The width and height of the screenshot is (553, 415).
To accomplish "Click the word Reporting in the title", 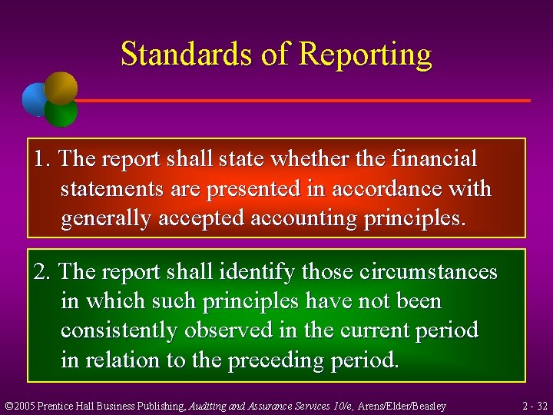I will point(366,55).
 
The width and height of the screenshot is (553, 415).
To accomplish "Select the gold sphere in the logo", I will point(61,87).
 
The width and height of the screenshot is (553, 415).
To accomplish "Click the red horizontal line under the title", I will point(307,101).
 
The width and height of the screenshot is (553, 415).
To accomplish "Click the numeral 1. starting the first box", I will point(43,159).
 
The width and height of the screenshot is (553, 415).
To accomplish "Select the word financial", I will point(435,159).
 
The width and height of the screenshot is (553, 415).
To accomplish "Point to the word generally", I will point(107,219).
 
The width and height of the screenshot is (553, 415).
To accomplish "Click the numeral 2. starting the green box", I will point(43,272).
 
